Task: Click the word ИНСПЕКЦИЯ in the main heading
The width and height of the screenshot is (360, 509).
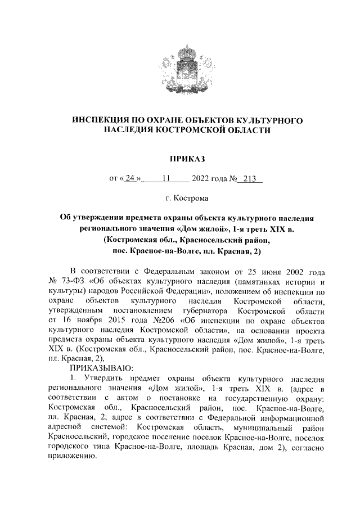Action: [x=106, y=120]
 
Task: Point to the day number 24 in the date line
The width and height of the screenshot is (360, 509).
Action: [x=130, y=179]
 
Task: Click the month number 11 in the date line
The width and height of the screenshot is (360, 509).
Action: [x=166, y=179]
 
